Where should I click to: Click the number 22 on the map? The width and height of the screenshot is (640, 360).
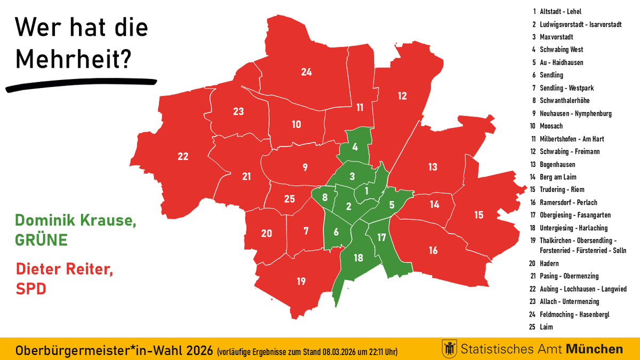(183, 156)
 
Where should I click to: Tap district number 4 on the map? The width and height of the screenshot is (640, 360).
(355, 147)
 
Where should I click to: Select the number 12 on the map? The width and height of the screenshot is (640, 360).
(402, 96)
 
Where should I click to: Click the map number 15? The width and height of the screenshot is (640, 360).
(478, 214)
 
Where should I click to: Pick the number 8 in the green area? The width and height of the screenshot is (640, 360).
(325, 197)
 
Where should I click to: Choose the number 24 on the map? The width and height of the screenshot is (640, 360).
(306, 71)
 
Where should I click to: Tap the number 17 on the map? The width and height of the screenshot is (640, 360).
(381, 237)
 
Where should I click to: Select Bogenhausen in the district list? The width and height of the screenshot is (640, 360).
(557, 164)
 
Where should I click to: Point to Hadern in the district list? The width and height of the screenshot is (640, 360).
(549, 263)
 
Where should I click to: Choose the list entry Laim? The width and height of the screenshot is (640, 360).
(547, 326)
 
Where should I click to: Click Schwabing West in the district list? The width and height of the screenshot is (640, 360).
(561, 50)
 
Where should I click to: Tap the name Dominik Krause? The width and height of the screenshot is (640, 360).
(75, 220)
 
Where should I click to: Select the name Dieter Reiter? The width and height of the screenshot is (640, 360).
(65, 269)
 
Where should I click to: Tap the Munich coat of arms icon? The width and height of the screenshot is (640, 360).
(449, 349)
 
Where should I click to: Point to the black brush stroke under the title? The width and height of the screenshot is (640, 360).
(80, 84)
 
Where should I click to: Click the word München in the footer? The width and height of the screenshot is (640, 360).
(594, 349)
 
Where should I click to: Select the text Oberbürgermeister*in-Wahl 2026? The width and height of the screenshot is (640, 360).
(114, 351)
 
